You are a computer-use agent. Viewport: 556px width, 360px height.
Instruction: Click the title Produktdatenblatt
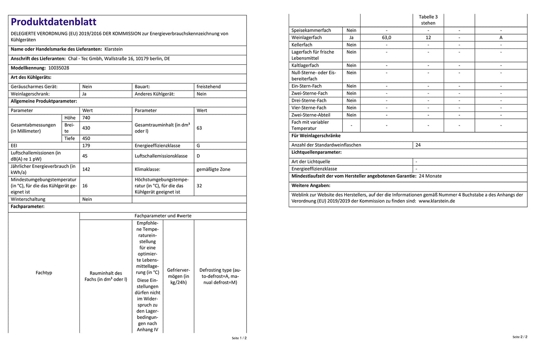(54, 22)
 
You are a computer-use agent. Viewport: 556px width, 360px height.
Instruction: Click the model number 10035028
(59, 68)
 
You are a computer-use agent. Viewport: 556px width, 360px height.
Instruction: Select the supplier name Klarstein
(114, 49)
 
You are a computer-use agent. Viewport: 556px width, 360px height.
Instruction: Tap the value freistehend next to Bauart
(208, 87)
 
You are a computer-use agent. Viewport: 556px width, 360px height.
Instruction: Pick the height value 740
(86, 118)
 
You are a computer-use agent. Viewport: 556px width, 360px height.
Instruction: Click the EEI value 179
(86, 146)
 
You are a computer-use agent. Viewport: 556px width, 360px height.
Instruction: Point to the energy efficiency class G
(198, 146)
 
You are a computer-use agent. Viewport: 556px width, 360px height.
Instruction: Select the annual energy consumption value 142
(86, 169)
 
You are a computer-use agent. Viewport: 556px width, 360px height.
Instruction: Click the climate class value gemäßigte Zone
(213, 169)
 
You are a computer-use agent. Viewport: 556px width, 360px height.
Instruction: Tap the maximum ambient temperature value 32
(199, 186)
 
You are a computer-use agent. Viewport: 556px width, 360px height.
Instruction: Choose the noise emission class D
(198, 156)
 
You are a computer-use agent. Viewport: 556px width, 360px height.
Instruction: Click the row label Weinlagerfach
(307, 38)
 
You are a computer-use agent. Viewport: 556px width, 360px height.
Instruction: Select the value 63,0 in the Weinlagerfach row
(386, 38)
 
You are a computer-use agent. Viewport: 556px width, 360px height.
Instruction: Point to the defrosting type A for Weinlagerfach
(501, 38)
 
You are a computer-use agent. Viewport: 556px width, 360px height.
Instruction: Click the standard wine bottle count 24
(418, 145)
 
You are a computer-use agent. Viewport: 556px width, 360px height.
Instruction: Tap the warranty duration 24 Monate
(430, 176)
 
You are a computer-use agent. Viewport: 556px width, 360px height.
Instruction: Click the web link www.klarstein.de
(437, 201)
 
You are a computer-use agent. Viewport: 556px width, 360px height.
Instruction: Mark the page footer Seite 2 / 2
(520, 337)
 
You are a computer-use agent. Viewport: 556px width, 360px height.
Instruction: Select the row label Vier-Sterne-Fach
(309, 108)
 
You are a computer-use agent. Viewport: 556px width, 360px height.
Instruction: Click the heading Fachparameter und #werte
(163, 216)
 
